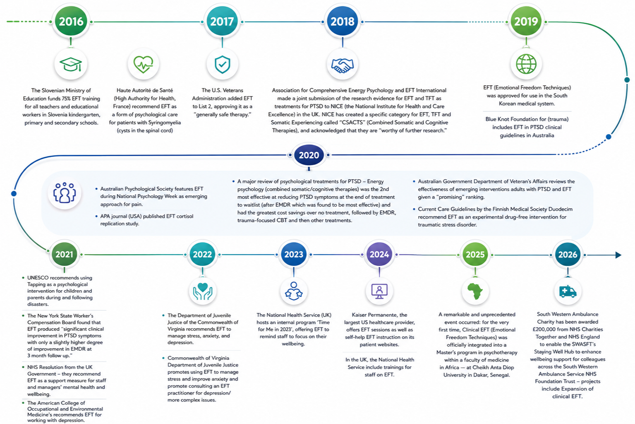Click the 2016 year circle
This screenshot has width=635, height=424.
coord(71,22)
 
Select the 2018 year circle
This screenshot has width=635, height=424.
coord(343,22)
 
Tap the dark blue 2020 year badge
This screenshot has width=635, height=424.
coord(309,155)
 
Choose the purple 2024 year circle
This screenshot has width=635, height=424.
coord(379,254)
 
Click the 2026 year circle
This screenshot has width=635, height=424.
coord(568,254)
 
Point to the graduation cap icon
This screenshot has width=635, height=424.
coord(71,65)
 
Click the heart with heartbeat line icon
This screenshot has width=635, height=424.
coord(144,65)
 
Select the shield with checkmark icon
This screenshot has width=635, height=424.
coord(222,65)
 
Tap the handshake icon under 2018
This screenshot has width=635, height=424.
coord(343,65)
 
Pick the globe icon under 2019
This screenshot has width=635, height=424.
coord(526,64)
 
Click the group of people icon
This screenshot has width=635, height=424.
coord(65,193)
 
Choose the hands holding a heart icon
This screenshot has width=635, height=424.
coord(203,291)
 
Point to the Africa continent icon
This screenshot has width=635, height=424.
coord(475,291)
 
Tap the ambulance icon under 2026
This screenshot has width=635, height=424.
coord(568,291)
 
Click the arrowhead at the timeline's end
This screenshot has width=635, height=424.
coord(618,255)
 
